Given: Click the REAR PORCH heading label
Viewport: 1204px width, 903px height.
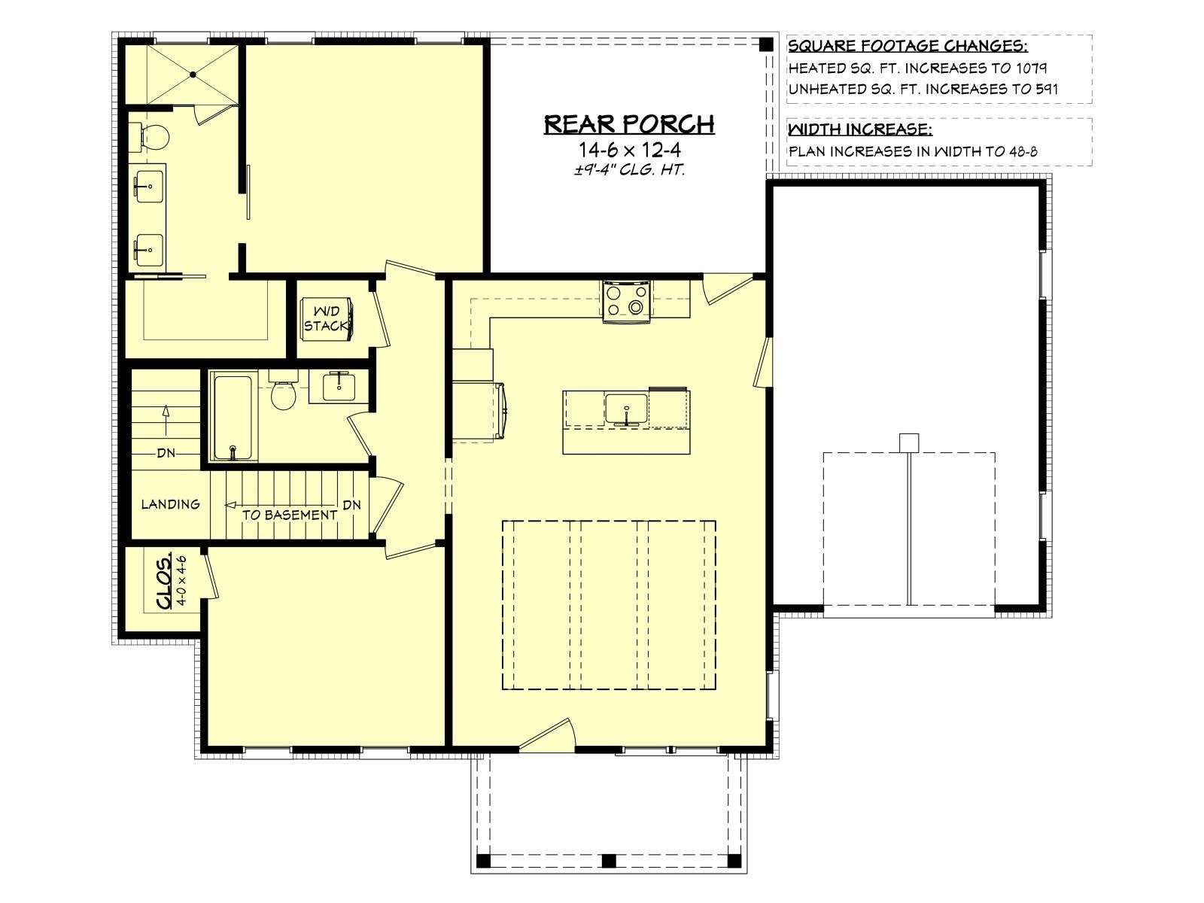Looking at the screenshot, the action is [x=629, y=124].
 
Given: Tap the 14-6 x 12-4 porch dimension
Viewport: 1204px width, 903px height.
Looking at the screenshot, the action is [x=630, y=150].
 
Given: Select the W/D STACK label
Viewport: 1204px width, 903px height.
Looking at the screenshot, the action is [x=326, y=318].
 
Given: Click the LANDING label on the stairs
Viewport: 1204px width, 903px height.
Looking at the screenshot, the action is [x=171, y=504].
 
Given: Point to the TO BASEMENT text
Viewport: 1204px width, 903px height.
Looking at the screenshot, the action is [x=290, y=515].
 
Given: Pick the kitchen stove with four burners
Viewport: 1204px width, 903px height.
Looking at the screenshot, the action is [x=627, y=301].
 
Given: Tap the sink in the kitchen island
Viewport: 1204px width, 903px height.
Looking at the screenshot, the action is [x=626, y=409].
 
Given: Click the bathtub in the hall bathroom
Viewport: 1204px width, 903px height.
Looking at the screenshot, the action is [x=233, y=417].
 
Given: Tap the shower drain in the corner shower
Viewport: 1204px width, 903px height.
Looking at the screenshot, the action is [x=193, y=74].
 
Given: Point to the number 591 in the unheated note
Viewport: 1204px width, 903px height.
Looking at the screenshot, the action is [x=1043, y=89].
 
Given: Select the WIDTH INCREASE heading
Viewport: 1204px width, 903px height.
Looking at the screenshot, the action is [x=860, y=130].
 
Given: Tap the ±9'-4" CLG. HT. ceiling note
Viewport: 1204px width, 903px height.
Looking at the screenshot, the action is [x=630, y=169].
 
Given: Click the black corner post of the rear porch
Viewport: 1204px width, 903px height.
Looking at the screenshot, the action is [x=766, y=45].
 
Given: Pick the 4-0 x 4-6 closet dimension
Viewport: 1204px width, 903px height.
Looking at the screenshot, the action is [x=181, y=580].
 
